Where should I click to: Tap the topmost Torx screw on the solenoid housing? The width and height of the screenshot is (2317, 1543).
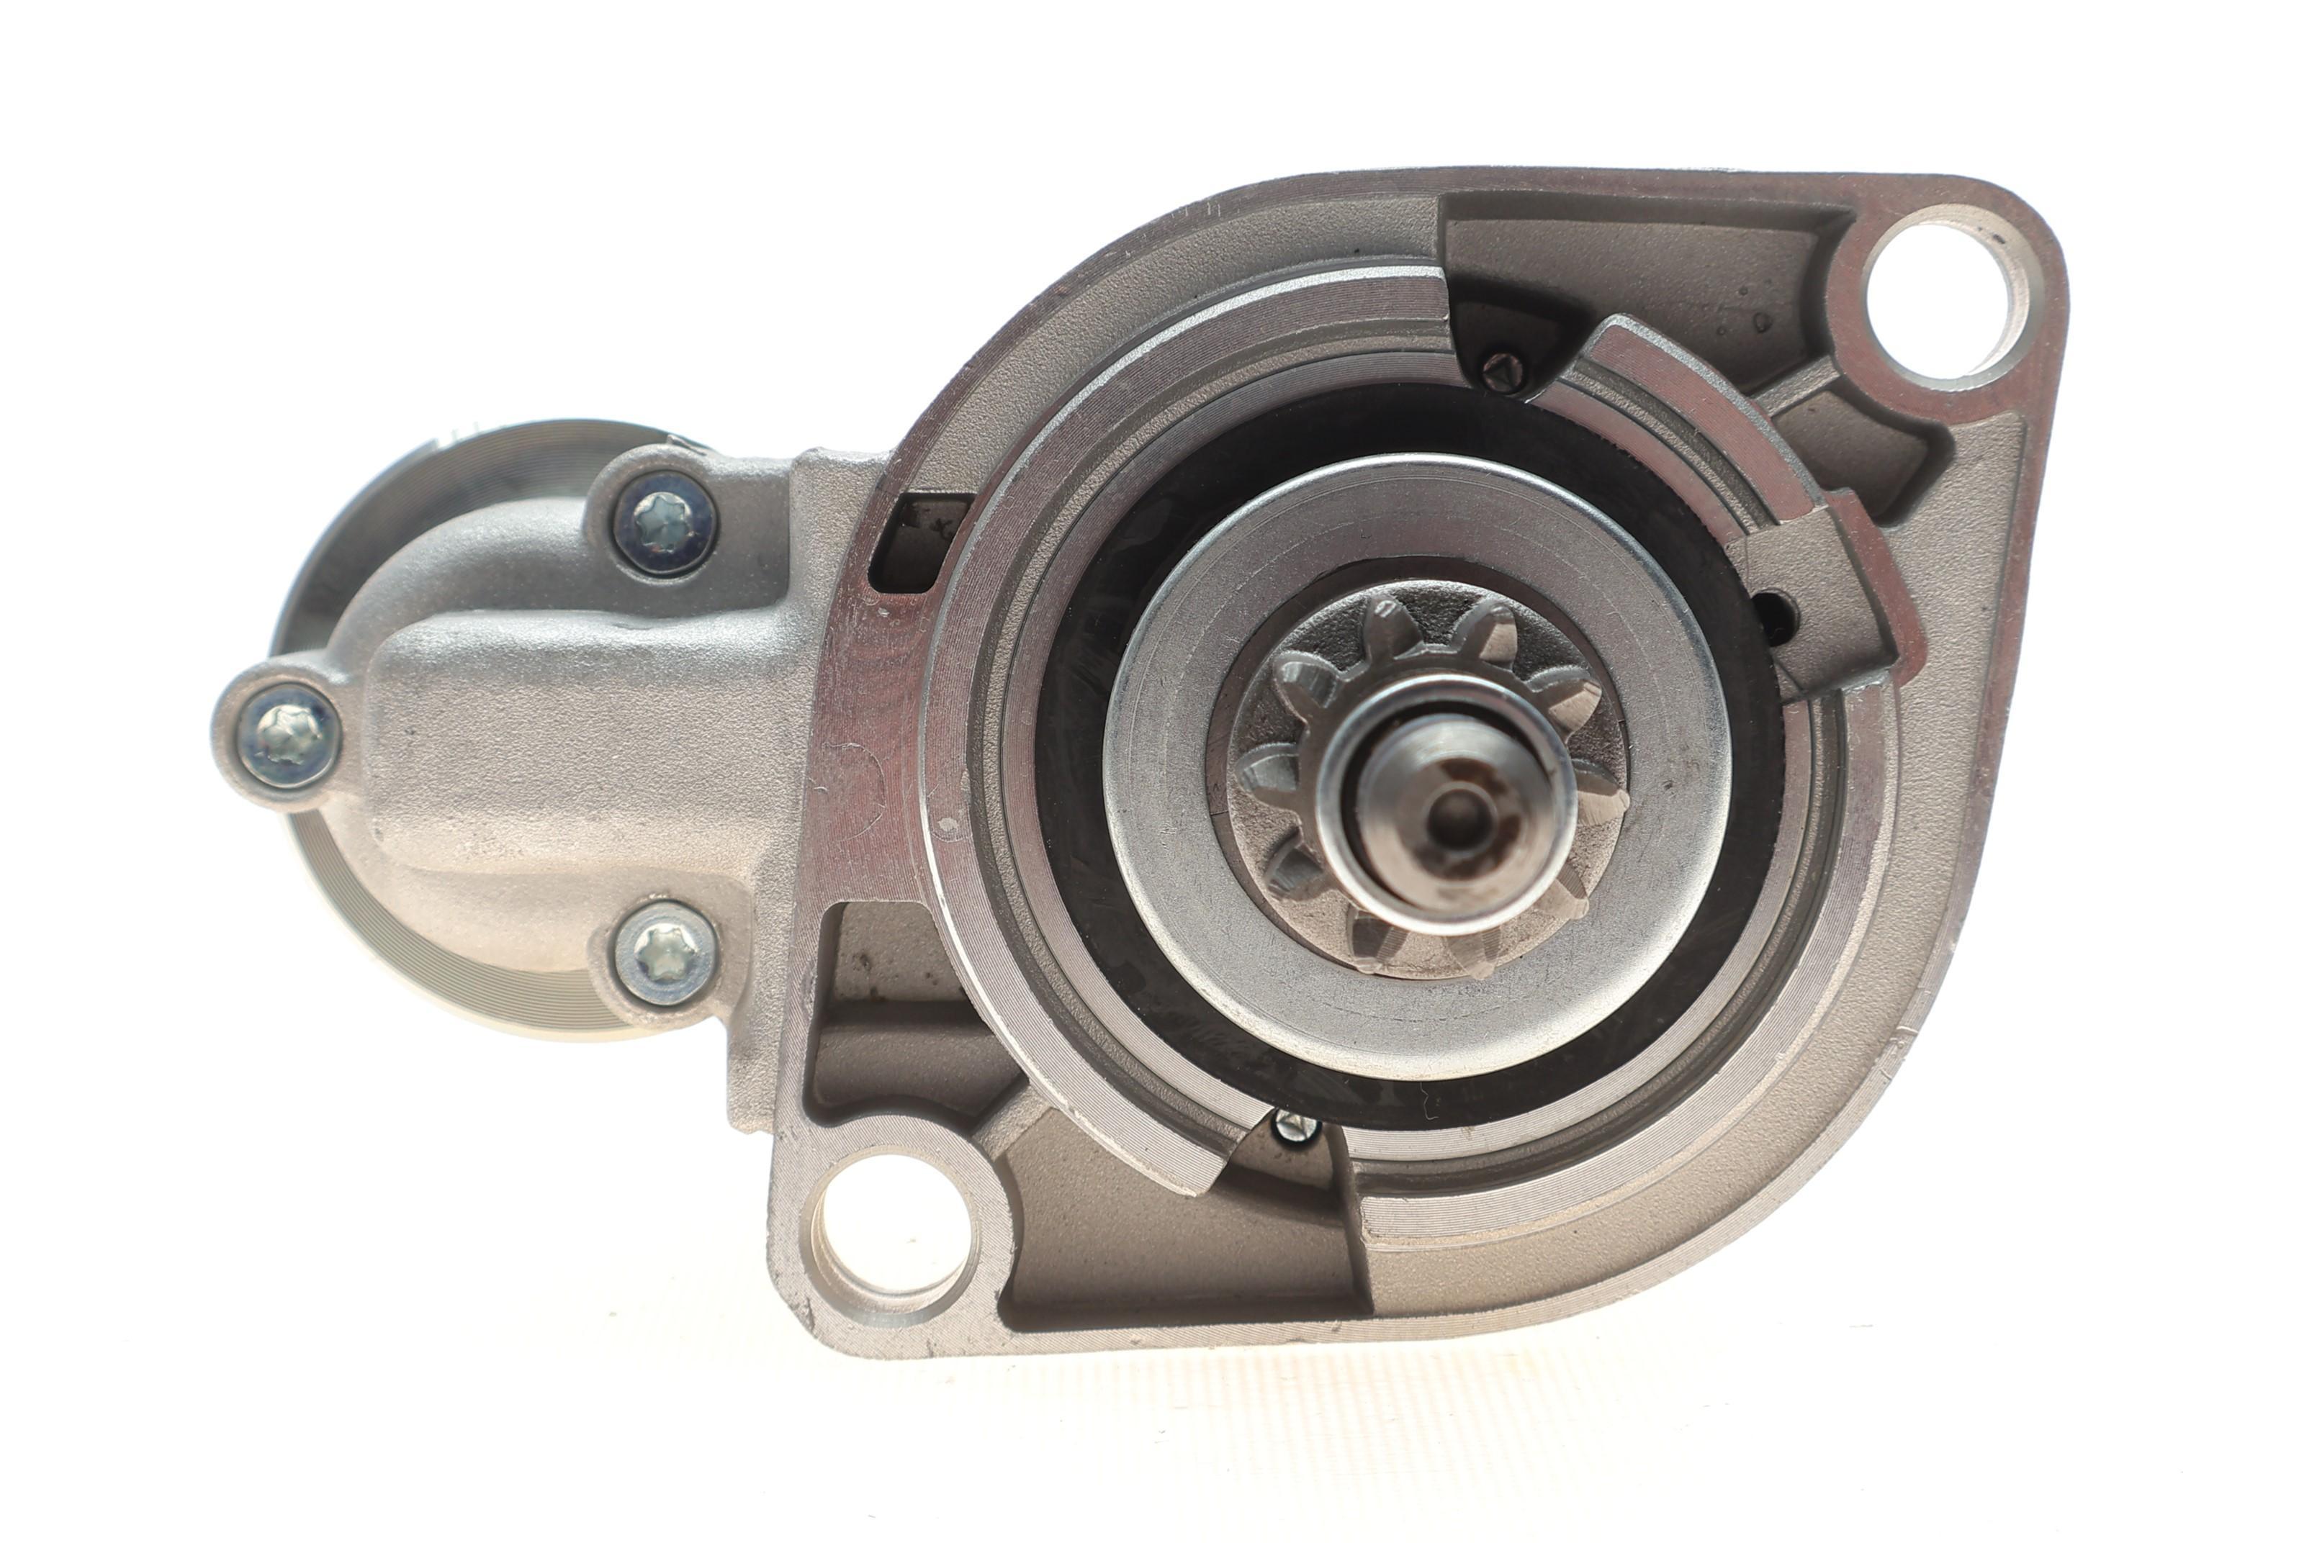665,522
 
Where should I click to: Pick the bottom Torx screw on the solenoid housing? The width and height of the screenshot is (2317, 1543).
665,953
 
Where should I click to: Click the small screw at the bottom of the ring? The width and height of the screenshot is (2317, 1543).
1295,1127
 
